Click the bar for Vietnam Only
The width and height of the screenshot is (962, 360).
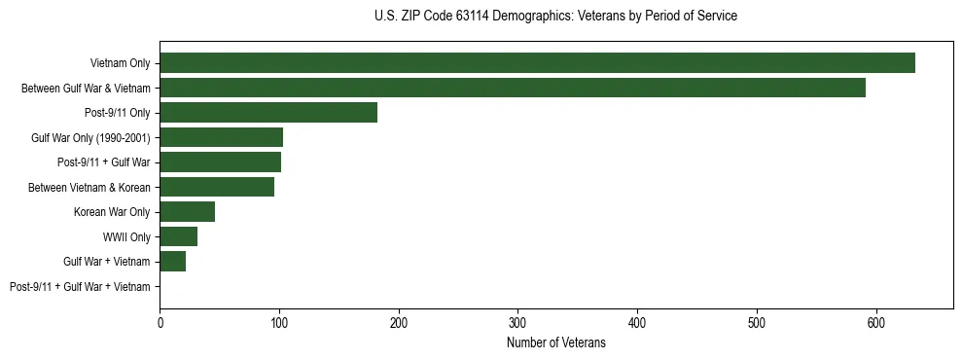(537, 63)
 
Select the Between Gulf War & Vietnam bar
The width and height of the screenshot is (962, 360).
(513, 88)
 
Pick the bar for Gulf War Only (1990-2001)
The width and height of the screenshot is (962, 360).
(221, 137)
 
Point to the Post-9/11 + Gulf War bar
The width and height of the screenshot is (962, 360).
(220, 162)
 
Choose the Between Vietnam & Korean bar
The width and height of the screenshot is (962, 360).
(217, 187)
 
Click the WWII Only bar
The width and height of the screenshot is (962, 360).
(178, 236)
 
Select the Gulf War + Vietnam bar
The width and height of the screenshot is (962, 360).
(172, 262)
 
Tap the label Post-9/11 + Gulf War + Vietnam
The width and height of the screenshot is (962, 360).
(80, 287)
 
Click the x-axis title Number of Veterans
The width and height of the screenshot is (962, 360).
(556, 342)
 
